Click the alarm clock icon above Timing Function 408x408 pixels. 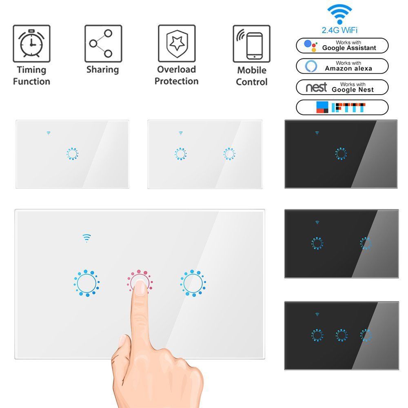(x=31, y=44)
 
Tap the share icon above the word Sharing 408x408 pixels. (x=103, y=44)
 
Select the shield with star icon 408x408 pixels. (x=177, y=44)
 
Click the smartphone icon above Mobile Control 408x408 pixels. (x=251, y=44)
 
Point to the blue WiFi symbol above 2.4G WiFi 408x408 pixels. (x=339, y=14)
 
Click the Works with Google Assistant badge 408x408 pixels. (x=342, y=46)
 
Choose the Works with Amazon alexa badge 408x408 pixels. (x=342, y=66)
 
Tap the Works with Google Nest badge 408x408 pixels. (x=342, y=87)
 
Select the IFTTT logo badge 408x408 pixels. (x=342, y=107)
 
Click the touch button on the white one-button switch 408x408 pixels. (x=72, y=154)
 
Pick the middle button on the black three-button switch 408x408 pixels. (x=341, y=335)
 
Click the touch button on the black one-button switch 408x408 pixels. (x=341, y=154)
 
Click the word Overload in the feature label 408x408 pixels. (x=176, y=69)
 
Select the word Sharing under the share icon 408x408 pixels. (x=102, y=70)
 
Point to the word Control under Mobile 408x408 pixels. (x=252, y=82)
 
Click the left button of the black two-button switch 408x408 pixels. (x=317, y=243)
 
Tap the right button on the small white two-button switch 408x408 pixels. (x=229, y=154)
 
